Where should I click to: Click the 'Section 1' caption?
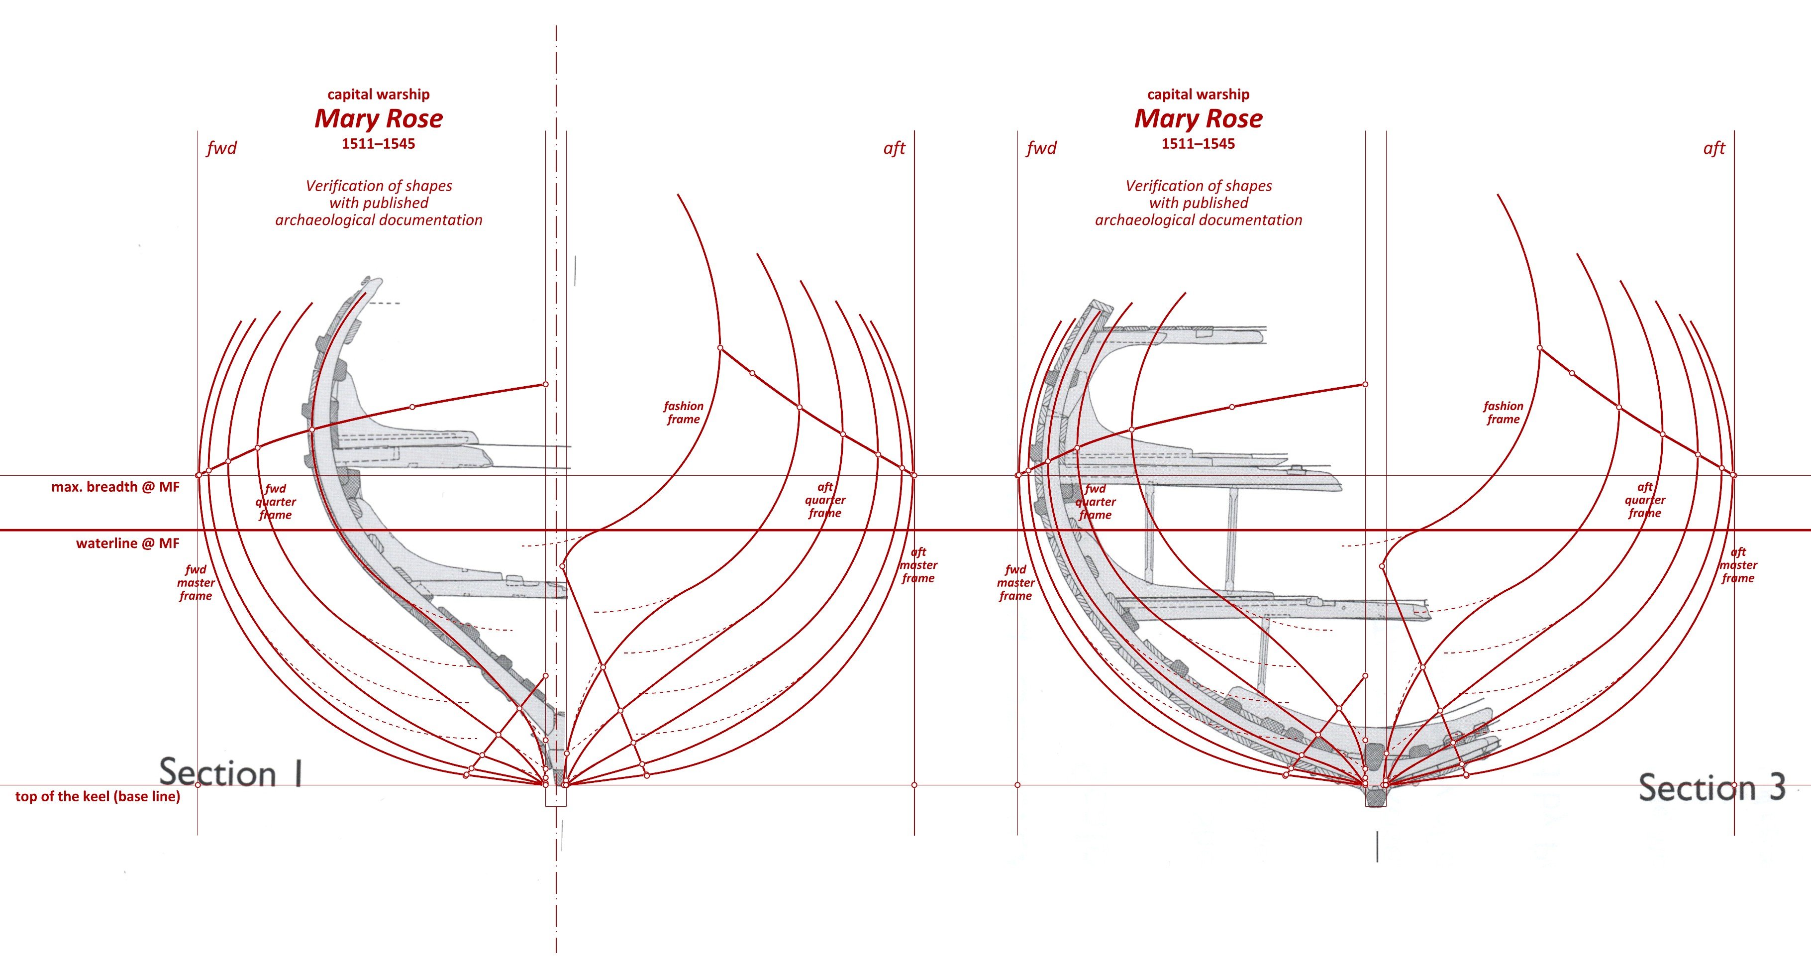coord(230,772)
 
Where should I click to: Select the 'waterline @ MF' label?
coord(128,543)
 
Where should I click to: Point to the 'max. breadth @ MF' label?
coord(115,487)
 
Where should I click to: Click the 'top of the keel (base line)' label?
coord(98,796)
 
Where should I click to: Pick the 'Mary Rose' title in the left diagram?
coord(379,118)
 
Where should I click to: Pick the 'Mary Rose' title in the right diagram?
coord(1199,118)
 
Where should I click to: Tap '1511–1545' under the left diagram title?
coord(379,143)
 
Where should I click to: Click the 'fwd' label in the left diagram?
coord(221,148)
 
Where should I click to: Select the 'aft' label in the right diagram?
coord(1714,148)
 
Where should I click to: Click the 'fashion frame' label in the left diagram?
coord(683,412)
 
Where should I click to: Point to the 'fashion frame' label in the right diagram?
coord(1503,412)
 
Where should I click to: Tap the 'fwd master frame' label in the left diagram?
coord(196,582)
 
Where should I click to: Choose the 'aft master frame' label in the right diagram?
coord(1738,565)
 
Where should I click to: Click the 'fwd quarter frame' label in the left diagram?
coord(276,501)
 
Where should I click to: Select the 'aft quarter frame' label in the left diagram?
coord(825,500)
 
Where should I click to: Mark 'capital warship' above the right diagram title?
coord(1199,94)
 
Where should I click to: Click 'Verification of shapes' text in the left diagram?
coord(379,186)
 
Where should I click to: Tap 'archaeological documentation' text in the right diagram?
coord(1199,219)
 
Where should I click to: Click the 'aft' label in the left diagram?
coord(894,148)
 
